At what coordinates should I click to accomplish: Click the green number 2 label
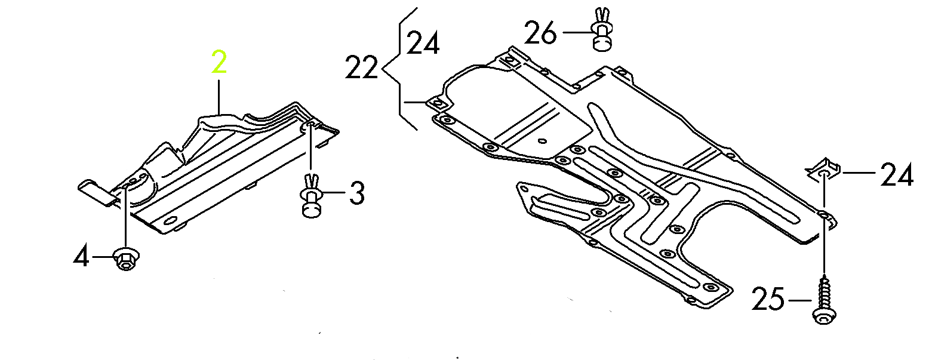tap(219, 63)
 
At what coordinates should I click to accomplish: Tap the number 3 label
tap(356, 193)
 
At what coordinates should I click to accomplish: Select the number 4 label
tap(81, 257)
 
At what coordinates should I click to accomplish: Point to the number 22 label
tap(362, 68)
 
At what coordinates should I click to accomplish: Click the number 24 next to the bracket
tap(423, 44)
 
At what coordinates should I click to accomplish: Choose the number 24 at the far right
tap(896, 176)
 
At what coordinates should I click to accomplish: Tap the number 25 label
tap(767, 300)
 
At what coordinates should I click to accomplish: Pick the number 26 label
tap(541, 33)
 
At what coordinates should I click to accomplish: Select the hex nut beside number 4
tap(125, 258)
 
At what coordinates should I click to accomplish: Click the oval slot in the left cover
tap(170, 223)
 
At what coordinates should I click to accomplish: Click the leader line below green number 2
tap(219, 96)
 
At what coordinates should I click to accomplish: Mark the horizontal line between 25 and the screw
tap(799, 300)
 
